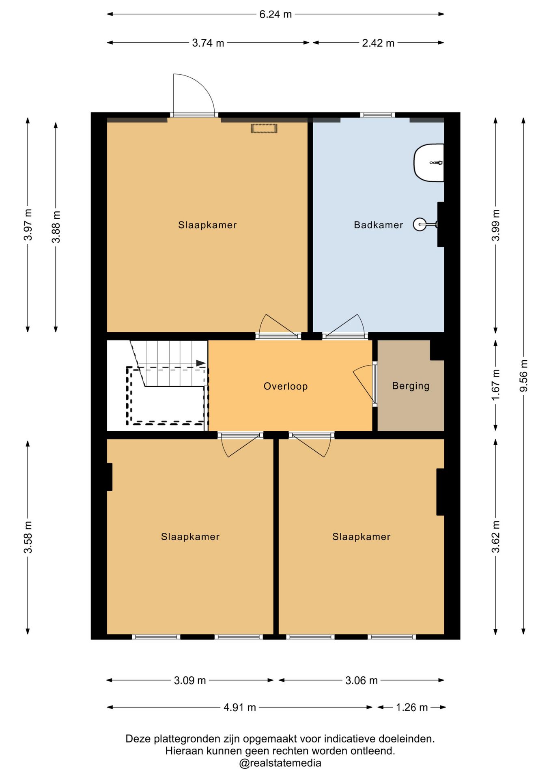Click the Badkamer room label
coord(378,225)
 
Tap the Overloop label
coord(286,386)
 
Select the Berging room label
coord(411,386)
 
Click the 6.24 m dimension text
coord(275,14)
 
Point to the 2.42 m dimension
coord(378,43)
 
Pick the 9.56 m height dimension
coord(523,376)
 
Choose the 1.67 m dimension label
coord(495,385)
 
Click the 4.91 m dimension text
coord(240,707)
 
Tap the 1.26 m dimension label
coord(412,707)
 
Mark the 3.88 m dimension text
coord(56,227)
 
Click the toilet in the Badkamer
coord(429,163)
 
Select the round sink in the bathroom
coord(420,224)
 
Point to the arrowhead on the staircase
coord(201,363)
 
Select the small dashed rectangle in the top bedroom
coord(264,129)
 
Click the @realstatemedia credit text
coord(280,763)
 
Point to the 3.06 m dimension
coord(362,680)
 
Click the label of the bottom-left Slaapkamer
coord(190,537)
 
